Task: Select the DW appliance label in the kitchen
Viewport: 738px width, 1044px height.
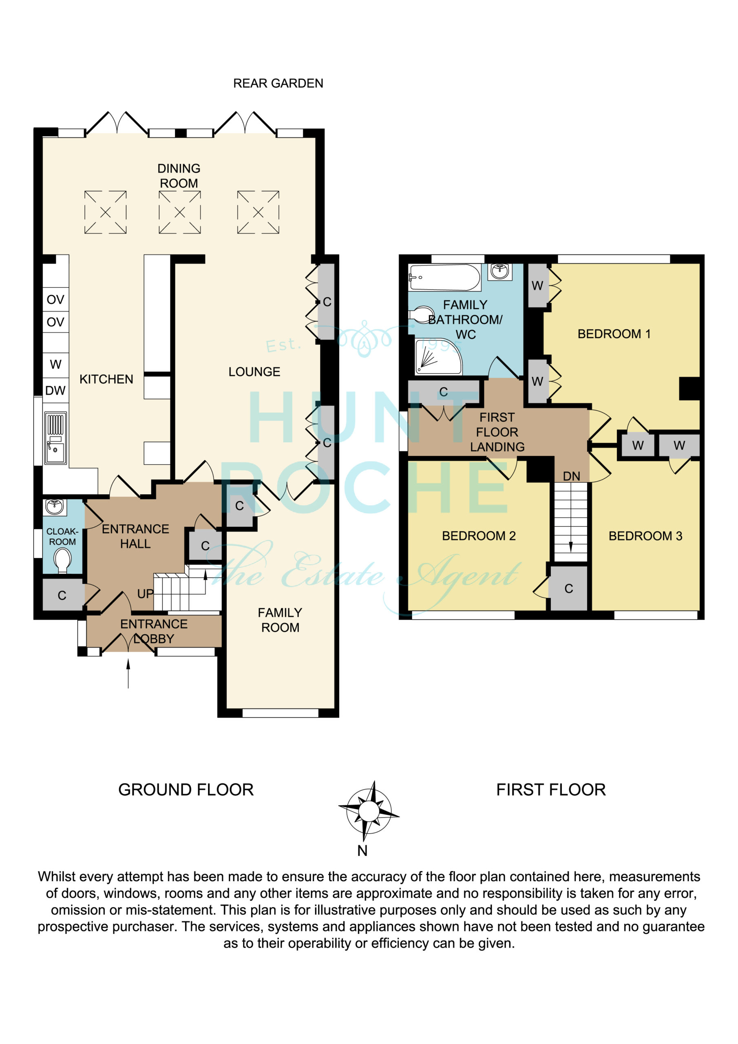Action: tap(55, 390)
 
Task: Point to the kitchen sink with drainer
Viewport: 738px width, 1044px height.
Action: tap(55, 438)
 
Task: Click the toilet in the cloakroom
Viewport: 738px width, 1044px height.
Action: tap(62, 561)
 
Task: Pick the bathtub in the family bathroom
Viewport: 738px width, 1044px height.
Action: tap(445, 277)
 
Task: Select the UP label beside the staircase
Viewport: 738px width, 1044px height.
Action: tap(146, 594)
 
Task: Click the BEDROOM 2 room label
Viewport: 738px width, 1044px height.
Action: tap(479, 535)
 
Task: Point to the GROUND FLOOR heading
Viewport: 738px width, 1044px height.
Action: tap(186, 790)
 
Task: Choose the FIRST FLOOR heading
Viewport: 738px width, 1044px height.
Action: tap(551, 790)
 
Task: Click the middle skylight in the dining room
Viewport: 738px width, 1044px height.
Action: tap(180, 212)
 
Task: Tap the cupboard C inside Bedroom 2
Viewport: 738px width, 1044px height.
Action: tap(568, 588)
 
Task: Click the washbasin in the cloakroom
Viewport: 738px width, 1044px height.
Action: tap(55, 506)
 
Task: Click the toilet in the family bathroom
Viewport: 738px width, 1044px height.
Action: tap(422, 314)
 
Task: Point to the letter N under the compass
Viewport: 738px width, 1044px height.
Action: tap(362, 851)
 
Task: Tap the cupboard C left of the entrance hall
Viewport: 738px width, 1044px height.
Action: tap(62, 595)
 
